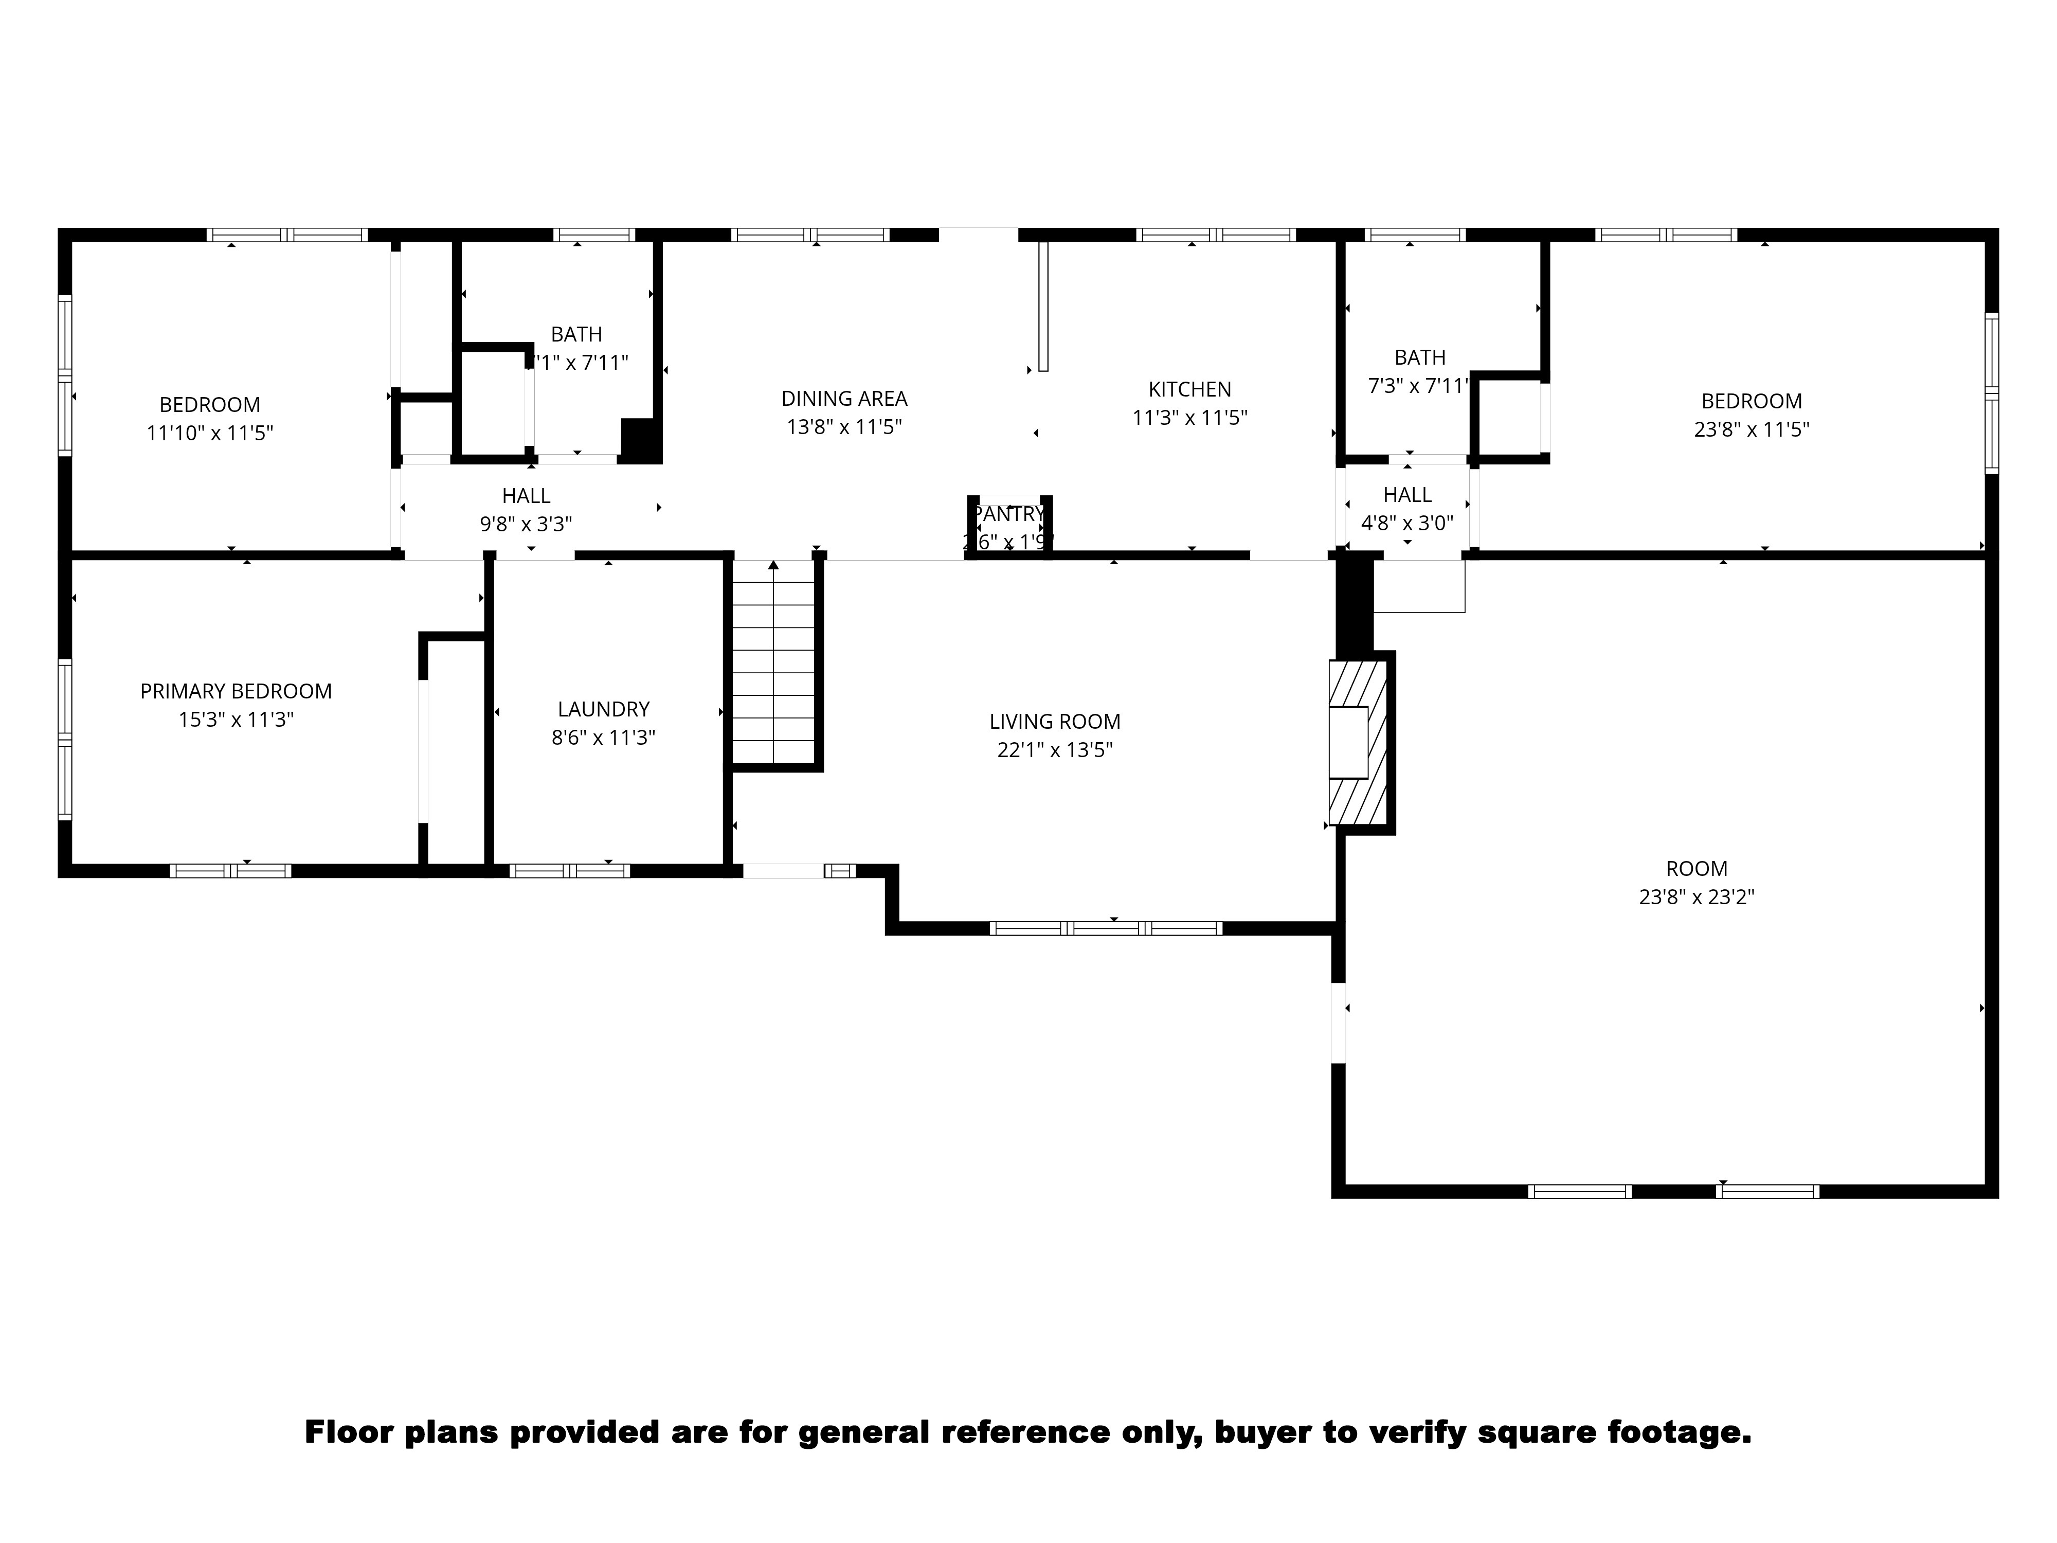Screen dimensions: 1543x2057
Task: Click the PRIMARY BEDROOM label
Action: tap(236, 691)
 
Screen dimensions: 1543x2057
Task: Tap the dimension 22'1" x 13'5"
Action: tap(1055, 750)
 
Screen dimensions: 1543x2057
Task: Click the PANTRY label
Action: tap(1008, 513)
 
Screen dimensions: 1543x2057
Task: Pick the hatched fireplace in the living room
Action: tap(1358, 742)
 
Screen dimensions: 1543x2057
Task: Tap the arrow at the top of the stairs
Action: tap(774, 565)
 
